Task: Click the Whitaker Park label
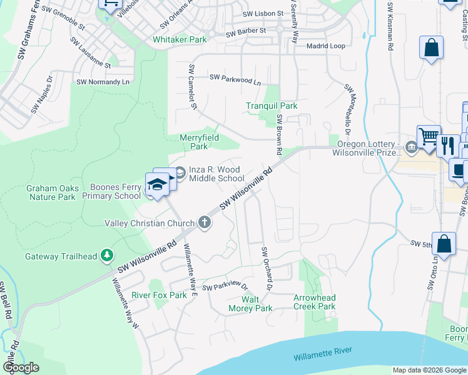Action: pos(180,39)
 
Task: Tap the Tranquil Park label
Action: pos(272,106)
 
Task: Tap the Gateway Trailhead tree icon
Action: pos(108,256)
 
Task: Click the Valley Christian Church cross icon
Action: pos(204,222)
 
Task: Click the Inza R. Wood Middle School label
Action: pos(216,174)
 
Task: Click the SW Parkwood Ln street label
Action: pos(235,79)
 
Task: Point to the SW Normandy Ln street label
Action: pos(103,82)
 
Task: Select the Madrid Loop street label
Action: pos(325,46)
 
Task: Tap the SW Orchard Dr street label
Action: pos(265,269)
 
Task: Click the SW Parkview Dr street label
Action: pos(225,286)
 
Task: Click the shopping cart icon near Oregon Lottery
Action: pos(429,137)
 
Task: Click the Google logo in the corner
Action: pos(21,367)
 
